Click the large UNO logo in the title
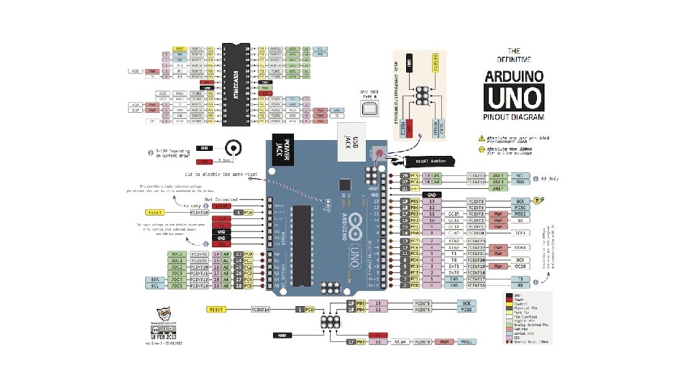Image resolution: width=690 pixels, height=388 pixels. (x=513, y=97)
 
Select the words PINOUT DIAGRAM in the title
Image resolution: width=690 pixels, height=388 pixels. (x=513, y=116)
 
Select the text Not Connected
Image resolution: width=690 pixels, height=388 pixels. (x=221, y=198)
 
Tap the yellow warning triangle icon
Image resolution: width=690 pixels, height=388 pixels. (x=481, y=137)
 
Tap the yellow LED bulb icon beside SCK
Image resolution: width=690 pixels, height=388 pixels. (x=540, y=200)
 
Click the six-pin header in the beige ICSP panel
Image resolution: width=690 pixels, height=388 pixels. (x=420, y=96)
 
